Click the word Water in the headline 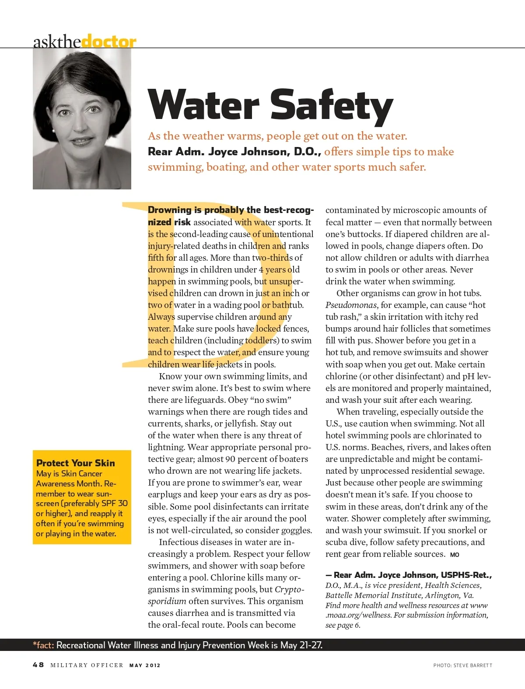[x=204, y=105]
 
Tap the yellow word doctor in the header [x=109, y=42]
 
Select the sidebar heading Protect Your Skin [x=76, y=463]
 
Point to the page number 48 [x=38, y=665]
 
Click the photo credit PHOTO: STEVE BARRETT [x=462, y=665]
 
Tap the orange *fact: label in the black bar [x=43, y=645]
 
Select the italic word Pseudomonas [x=352, y=305]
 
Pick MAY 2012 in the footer [x=145, y=665]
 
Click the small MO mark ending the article [x=455, y=555]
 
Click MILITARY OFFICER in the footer [x=87, y=665]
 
